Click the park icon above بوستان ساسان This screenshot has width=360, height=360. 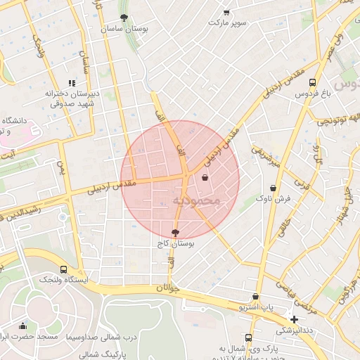pyautogui.click(x=124, y=18)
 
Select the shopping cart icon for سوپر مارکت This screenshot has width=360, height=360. pyautogui.click(x=226, y=12)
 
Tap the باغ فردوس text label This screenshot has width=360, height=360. pyautogui.click(x=306, y=94)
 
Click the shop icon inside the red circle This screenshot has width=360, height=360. pyautogui.click(x=205, y=178)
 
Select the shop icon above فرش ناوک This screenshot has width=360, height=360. pyautogui.click(x=273, y=188)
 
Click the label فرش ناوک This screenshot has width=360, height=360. pyautogui.click(x=273, y=200)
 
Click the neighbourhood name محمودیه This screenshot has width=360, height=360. pyautogui.click(x=196, y=201)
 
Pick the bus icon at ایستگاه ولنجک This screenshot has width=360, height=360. pyautogui.click(x=64, y=269)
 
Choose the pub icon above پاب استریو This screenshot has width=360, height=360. pyautogui.click(x=255, y=297)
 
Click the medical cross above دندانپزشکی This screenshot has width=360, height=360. pyautogui.click(x=294, y=319)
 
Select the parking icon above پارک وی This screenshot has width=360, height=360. pyautogui.click(x=248, y=337)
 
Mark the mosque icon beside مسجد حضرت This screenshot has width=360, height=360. pyautogui.click(x=22, y=326)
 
